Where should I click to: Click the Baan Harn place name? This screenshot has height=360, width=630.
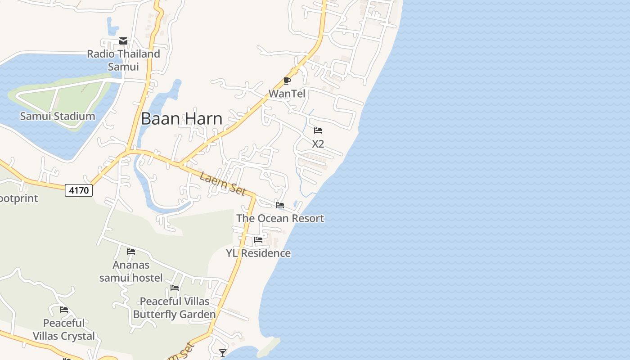point(181,118)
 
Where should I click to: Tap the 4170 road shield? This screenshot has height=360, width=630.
point(79,190)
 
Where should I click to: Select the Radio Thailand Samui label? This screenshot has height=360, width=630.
point(123,60)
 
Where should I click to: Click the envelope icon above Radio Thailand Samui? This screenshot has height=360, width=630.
point(123,41)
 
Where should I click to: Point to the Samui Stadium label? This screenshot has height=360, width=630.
point(58,116)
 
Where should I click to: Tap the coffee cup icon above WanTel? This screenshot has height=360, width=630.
point(287,81)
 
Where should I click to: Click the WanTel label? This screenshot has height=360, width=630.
point(287,94)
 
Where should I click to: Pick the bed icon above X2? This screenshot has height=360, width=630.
point(318,130)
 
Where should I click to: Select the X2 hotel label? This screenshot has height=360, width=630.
point(318,144)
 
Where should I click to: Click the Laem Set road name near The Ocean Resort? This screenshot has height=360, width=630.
point(223,184)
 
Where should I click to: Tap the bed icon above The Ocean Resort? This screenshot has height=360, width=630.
point(280,205)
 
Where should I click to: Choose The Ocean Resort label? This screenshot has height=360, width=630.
point(280,218)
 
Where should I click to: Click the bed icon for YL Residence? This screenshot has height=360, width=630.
point(258,240)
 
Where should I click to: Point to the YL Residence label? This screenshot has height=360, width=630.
point(258,253)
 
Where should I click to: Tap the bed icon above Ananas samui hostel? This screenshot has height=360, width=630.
point(131,251)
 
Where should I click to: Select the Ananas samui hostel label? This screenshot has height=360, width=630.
point(131,271)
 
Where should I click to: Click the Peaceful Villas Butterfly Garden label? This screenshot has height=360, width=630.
point(175,308)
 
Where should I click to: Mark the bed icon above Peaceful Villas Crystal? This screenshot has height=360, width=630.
point(64,310)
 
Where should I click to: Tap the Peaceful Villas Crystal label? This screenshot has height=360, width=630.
point(64,329)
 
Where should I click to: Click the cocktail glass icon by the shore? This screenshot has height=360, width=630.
point(222,353)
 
